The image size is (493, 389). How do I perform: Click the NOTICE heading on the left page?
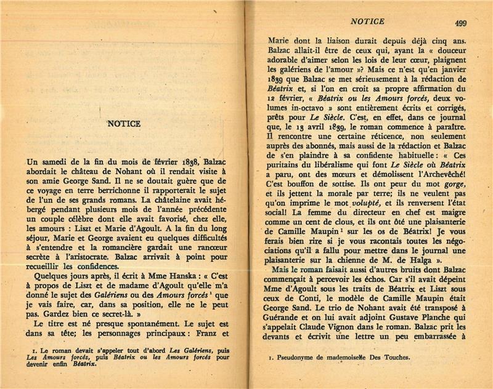pos(124,123)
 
